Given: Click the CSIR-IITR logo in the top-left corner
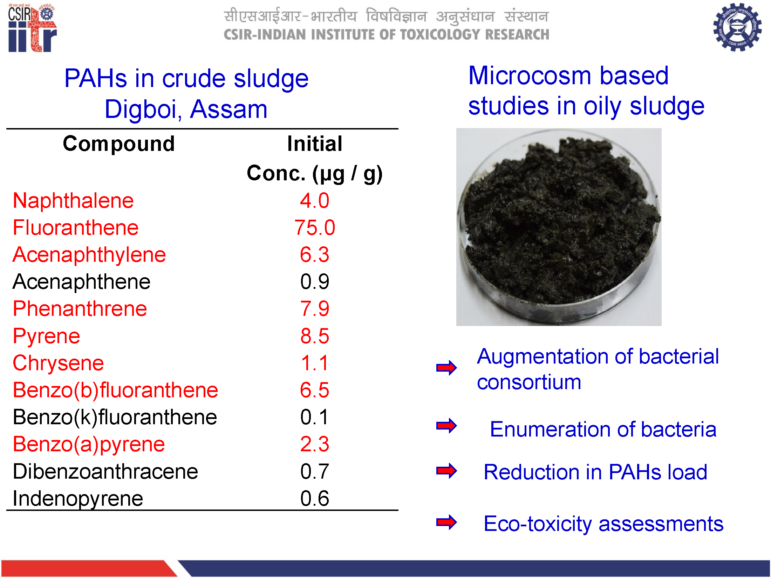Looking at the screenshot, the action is click(32, 28).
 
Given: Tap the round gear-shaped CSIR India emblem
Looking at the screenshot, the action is click(737, 27).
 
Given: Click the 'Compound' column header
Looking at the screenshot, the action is click(119, 144).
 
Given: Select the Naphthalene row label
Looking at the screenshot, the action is click(73, 201).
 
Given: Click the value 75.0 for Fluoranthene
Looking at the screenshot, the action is click(315, 227).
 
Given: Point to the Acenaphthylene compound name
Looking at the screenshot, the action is click(89, 255).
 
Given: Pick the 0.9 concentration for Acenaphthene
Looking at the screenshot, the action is click(315, 281).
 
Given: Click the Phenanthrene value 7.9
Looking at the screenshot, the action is click(315, 309).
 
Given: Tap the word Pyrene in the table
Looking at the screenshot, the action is click(47, 337).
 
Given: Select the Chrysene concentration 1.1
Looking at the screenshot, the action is click(315, 363).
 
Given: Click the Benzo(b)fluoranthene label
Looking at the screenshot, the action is click(115, 390).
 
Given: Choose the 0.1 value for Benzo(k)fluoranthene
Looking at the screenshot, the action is click(315, 417).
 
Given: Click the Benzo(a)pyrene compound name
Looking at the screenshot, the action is click(89, 445).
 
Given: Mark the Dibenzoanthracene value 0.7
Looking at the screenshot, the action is click(315, 471).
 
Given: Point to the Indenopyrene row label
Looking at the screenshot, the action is click(78, 499).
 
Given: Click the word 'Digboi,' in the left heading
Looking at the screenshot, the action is click(143, 109).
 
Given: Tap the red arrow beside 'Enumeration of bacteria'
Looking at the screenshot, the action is click(446, 426).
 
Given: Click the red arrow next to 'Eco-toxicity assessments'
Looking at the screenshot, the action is click(446, 522).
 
